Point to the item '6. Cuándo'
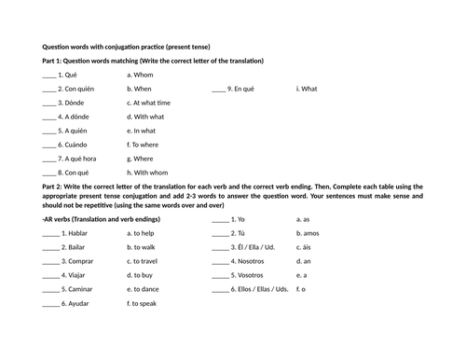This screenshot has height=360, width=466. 75,145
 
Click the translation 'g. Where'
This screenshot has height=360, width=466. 141,159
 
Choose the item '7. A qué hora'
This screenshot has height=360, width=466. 80,159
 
